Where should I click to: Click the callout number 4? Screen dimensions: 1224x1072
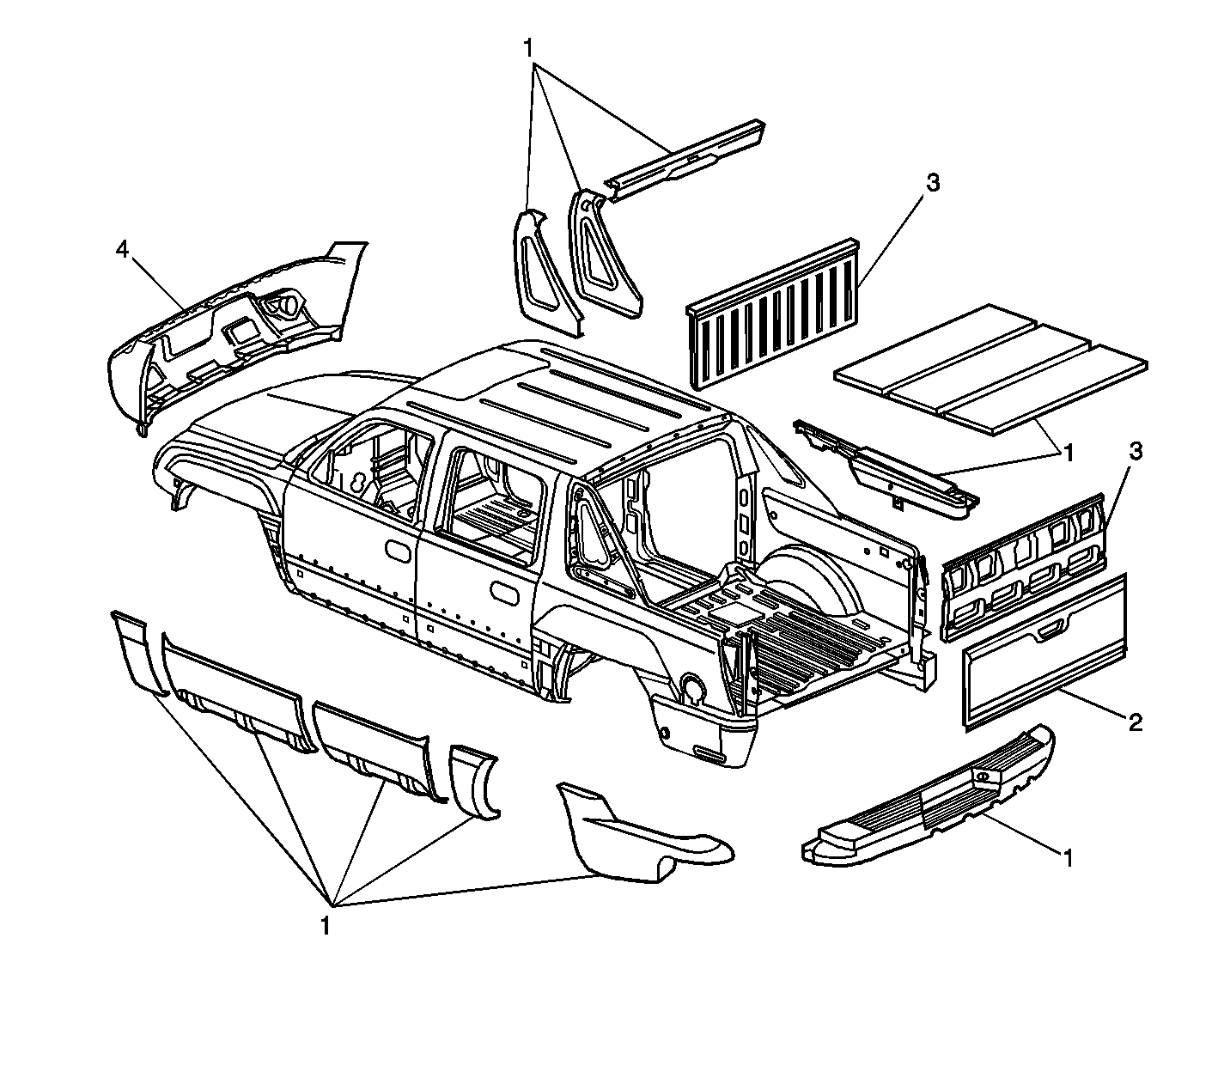tap(122, 249)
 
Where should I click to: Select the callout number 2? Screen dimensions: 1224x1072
tap(1135, 722)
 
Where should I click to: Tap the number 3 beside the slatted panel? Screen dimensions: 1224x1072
tap(933, 182)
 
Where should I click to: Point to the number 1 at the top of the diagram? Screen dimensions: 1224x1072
tap(528, 48)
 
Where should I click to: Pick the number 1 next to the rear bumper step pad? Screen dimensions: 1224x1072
tap(1068, 859)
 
